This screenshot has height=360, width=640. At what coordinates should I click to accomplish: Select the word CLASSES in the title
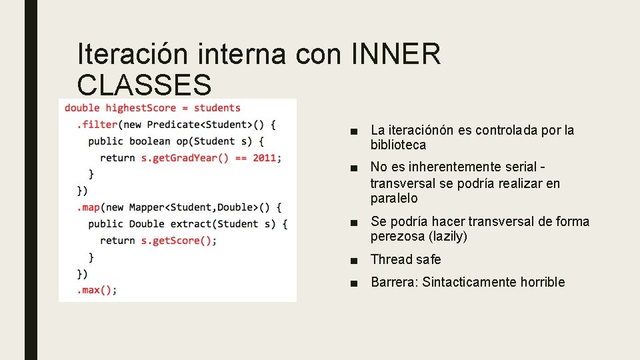(144, 85)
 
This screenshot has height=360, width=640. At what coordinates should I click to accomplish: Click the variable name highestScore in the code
(141, 108)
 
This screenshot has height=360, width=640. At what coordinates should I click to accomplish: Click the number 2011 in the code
(264, 158)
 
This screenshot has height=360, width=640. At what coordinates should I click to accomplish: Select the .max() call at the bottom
(97, 290)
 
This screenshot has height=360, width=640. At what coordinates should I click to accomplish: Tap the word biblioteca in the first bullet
(398, 145)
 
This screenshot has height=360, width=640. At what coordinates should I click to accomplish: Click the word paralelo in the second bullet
(394, 199)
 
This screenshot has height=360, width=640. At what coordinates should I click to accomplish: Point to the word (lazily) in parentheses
(448, 237)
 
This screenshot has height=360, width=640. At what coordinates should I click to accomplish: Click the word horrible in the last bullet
(543, 282)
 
